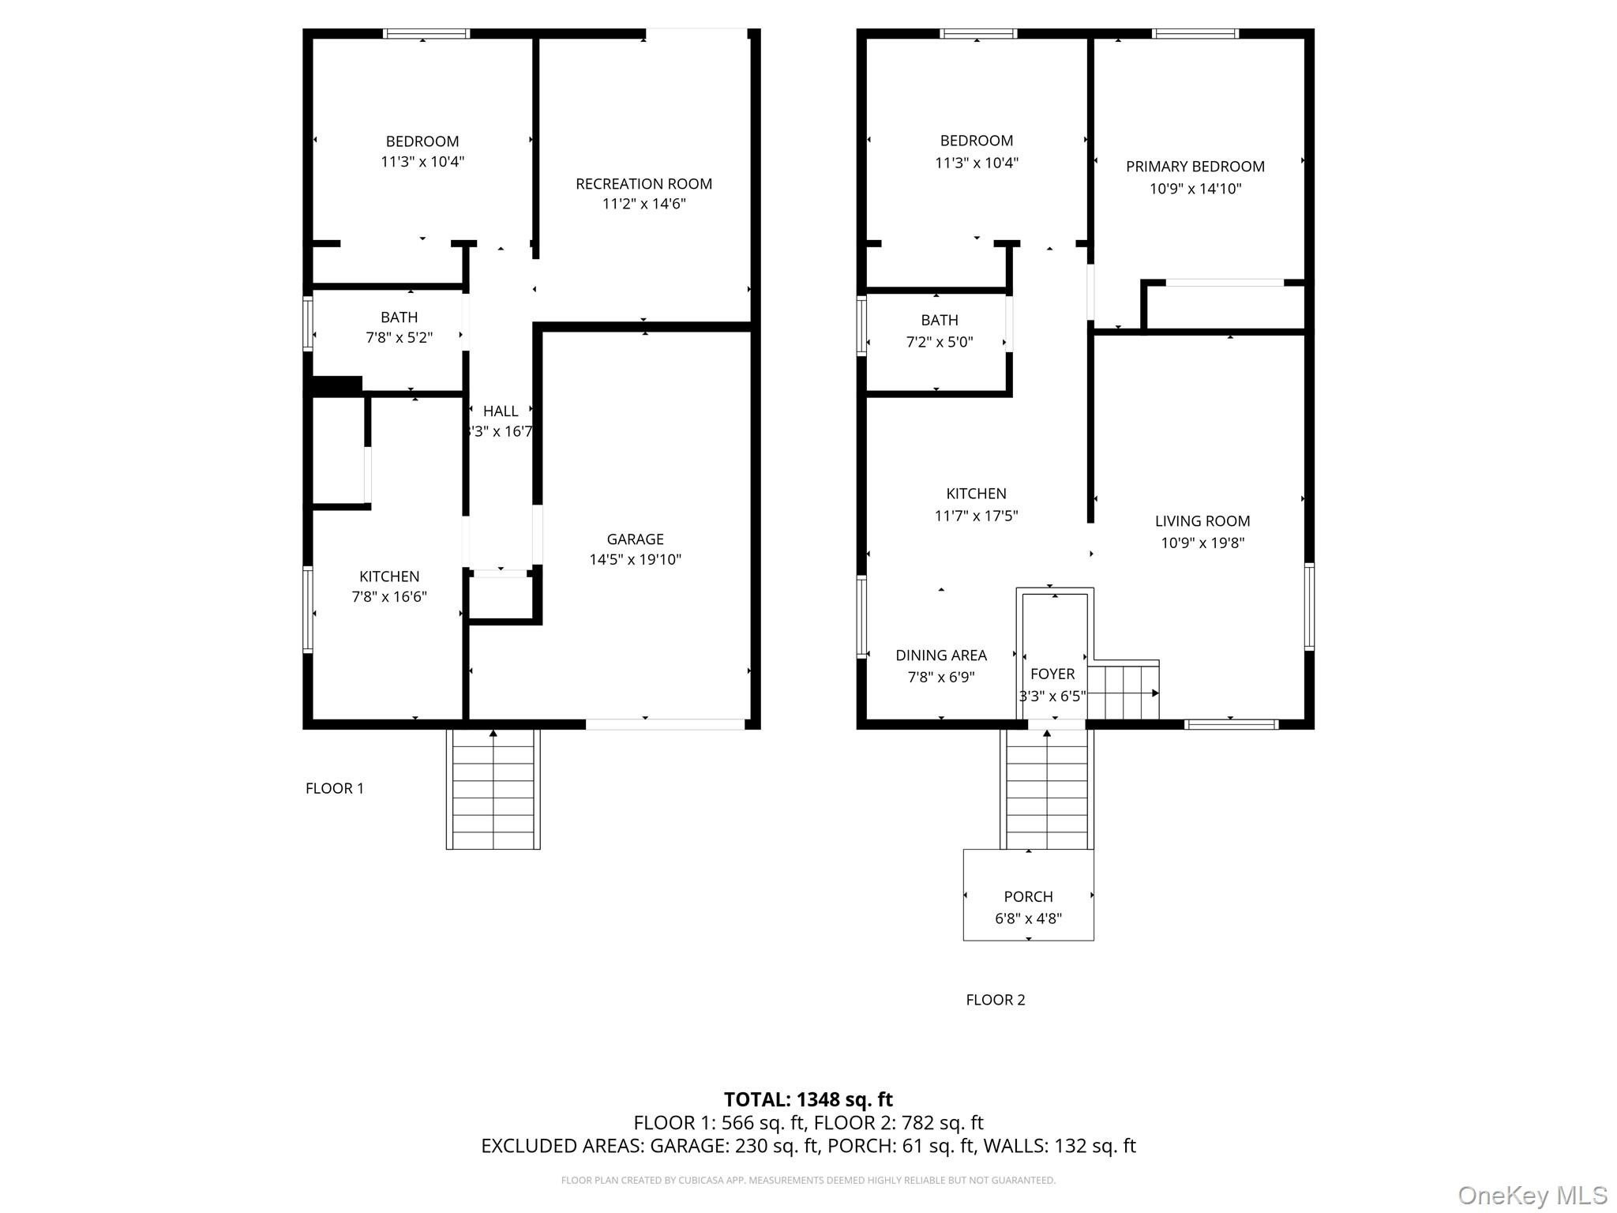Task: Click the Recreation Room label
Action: click(x=643, y=184)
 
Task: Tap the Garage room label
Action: click(x=635, y=539)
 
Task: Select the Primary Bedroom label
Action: click(x=1195, y=167)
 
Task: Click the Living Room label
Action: click(x=1202, y=521)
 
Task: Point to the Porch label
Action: click(x=1028, y=896)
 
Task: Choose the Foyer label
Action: click(x=1052, y=674)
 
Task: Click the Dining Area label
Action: click(x=941, y=655)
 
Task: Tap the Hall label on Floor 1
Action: click(x=501, y=411)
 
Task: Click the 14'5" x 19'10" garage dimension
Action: click(x=635, y=560)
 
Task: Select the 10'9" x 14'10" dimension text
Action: click(x=1195, y=189)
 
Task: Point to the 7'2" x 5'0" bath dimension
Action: click(x=940, y=343)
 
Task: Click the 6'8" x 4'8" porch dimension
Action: click(x=1028, y=918)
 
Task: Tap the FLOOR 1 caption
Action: click(x=335, y=788)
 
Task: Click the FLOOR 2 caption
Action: click(x=996, y=1000)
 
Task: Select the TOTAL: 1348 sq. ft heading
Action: click(x=808, y=1099)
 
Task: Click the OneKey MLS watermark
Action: click(x=1533, y=1195)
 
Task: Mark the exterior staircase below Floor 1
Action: click(x=493, y=789)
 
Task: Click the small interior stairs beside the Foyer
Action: click(x=1124, y=690)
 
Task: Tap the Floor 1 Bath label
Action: click(x=399, y=317)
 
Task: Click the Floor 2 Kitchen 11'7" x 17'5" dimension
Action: click(x=976, y=516)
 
